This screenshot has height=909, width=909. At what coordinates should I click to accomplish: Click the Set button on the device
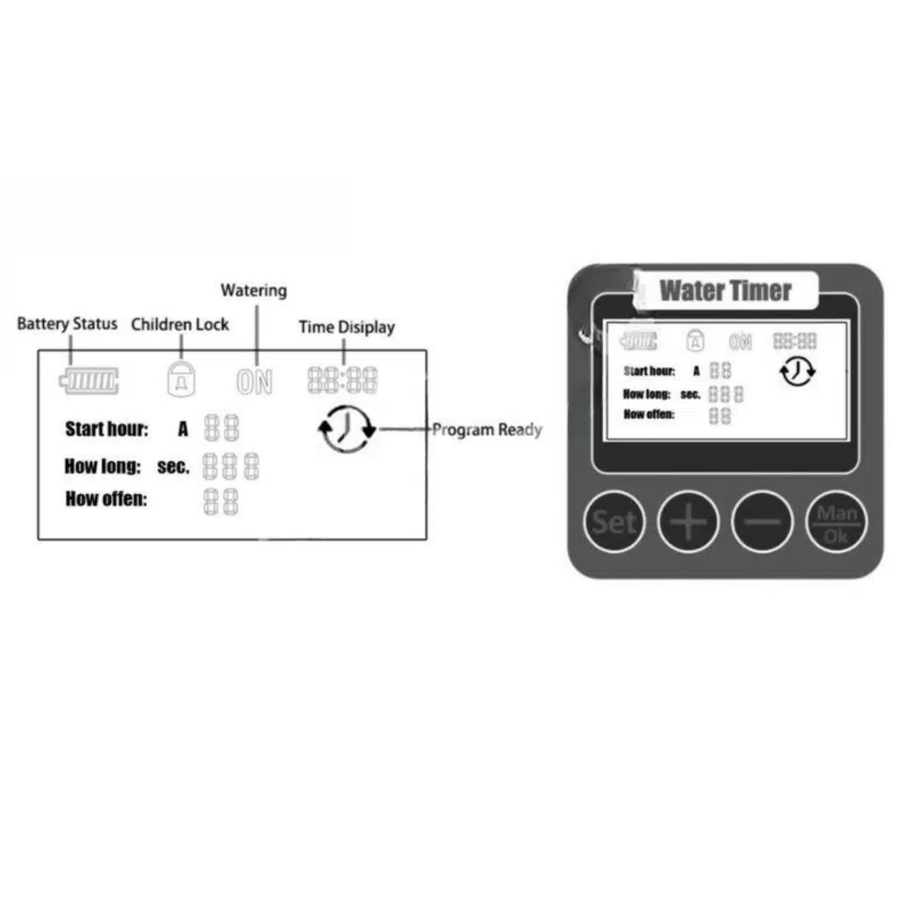(x=614, y=522)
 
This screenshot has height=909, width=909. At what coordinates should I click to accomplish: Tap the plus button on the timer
(x=688, y=522)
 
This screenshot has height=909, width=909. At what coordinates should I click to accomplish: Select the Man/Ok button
(x=836, y=523)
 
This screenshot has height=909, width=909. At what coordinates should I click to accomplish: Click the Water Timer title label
(x=725, y=291)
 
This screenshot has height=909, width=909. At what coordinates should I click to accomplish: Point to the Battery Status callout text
(x=67, y=324)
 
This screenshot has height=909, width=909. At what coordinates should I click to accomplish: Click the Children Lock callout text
(x=180, y=325)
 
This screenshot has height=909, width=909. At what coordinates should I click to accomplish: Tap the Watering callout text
(x=254, y=291)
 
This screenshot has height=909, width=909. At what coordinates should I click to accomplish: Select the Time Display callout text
(x=346, y=327)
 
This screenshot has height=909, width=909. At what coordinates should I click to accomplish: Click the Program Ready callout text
(x=487, y=430)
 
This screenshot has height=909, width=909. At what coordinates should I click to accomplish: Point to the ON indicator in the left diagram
(x=255, y=381)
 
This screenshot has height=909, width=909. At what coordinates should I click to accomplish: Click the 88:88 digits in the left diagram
(x=342, y=380)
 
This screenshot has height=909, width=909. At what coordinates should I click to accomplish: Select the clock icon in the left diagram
(x=346, y=430)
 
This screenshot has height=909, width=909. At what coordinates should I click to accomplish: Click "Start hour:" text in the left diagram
(x=107, y=430)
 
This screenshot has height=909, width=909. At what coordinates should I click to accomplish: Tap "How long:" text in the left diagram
(x=102, y=467)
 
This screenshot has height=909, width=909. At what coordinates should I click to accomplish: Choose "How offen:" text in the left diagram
(x=106, y=499)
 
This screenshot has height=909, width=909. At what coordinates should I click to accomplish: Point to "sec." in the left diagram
(x=173, y=467)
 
